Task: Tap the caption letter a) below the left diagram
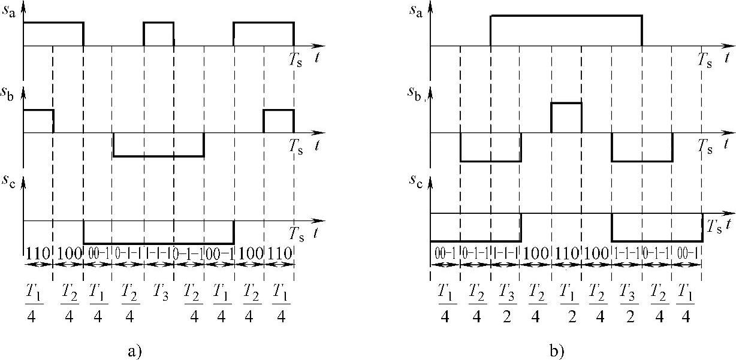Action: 134,349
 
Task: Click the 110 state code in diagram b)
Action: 566,253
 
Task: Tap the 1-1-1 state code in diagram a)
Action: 158,253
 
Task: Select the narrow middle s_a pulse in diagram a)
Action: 158,34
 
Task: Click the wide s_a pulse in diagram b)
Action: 566,31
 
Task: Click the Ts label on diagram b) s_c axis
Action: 714,226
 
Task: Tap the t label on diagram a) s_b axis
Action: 318,144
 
